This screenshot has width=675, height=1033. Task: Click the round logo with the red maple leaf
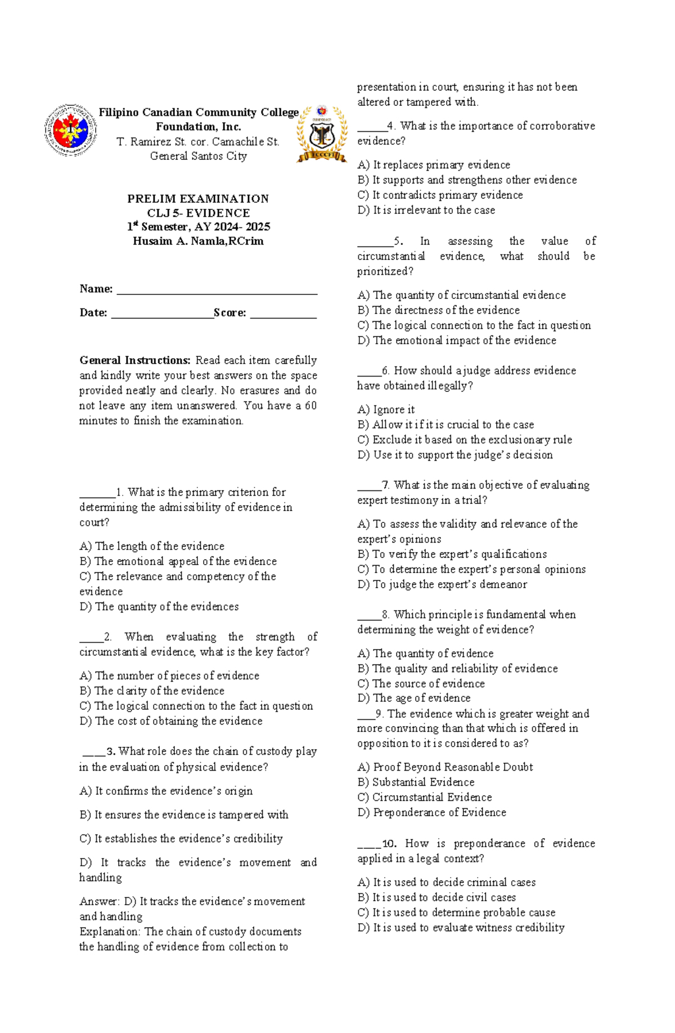point(70,131)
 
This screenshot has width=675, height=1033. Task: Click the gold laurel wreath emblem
point(322,134)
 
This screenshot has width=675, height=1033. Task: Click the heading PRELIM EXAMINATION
point(198,199)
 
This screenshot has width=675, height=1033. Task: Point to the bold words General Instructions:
point(135,360)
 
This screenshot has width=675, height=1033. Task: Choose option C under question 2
point(196,706)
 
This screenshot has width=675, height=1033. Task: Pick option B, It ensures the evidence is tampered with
point(184,815)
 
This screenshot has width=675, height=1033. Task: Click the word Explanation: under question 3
point(110,932)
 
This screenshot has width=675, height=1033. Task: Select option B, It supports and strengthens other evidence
point(467,180)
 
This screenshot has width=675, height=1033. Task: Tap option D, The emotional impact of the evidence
point(457,341)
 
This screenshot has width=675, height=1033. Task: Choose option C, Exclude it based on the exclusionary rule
point(465,440)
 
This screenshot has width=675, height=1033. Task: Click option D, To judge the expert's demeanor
point(442,584)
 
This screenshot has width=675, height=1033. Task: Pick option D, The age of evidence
point(414,698)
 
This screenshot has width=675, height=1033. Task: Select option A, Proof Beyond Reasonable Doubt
point(445,767)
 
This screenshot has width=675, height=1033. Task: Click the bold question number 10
point(389,843)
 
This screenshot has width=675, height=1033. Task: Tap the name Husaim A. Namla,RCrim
point(198,242)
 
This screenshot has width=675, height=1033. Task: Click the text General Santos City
point(198,156)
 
